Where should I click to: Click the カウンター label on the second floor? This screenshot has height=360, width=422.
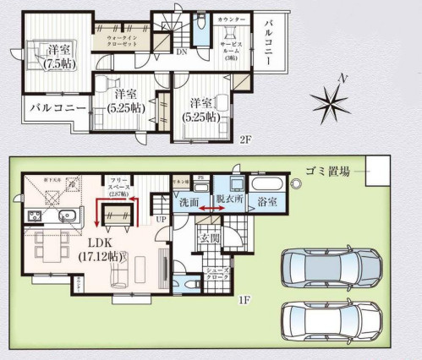230,19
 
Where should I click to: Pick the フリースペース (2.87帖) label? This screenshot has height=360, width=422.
118,188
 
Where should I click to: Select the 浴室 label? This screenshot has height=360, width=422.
268,202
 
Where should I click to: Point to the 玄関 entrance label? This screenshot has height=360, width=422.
208,238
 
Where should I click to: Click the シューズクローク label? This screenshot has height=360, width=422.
219,273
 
